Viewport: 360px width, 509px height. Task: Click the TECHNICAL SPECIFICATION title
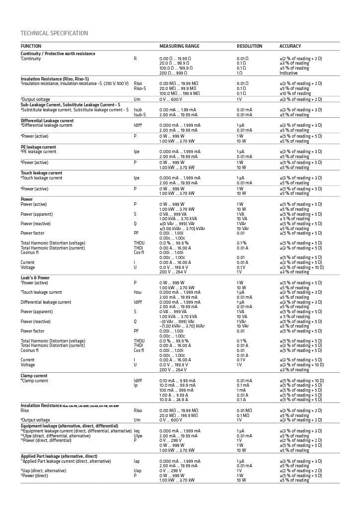click(x=54, y=33)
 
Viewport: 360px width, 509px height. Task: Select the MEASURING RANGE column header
click(x=179, y=46)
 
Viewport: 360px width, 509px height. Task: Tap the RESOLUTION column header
click(x=249, y=46)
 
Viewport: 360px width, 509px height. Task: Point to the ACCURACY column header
click(x=290, y=46)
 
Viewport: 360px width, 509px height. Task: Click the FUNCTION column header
click(x=31, y=46)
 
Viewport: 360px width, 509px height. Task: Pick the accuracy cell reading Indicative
click(x=288, y=73)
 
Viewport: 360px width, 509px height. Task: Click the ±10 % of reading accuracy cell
click(x=295, y=93)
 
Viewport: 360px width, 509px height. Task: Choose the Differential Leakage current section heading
click(x=47, y=121)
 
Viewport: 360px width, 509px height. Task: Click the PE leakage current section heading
click(x=38, y=147)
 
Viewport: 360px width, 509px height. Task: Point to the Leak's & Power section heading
click(x=35, y=278)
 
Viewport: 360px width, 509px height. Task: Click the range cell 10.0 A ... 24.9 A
click(x=174, y=400)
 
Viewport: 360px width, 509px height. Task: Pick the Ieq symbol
click(x=137, y=431)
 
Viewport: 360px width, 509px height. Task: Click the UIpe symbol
click(x=138, y=436)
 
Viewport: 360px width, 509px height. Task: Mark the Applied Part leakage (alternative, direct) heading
click(x=59, y=456)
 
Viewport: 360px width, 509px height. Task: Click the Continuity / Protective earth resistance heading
click(x=58, y=54)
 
